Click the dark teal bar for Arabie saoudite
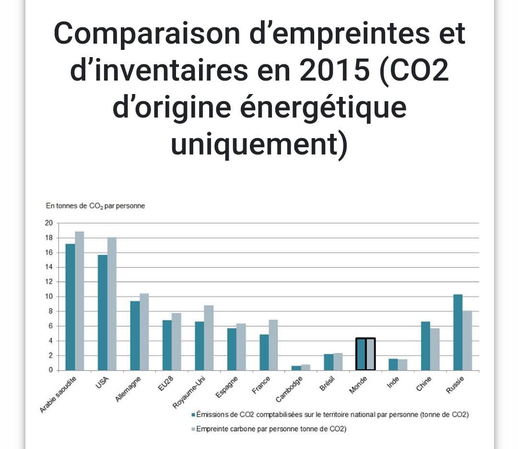[70, 307]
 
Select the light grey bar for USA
[112, 304]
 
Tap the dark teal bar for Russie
[458, 332]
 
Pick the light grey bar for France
[273, 345]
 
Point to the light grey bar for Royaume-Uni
[209, 338]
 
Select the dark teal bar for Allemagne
[135, 335]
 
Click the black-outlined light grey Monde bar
[370, 354]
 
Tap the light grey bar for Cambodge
[306, 367]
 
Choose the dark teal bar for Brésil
[329, 362]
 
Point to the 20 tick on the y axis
[48, 223]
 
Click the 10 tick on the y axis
[48, 296]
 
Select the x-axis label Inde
[393, 383]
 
